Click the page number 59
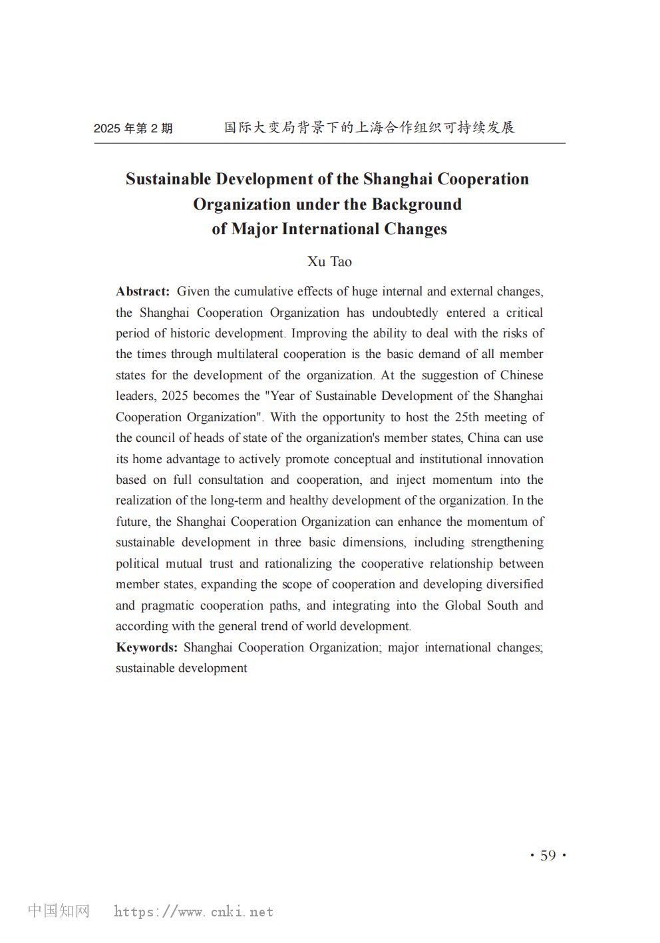548,855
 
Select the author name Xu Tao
329,262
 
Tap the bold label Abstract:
142,291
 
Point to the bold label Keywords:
146,648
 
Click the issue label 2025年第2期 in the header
133,128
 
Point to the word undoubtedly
405,313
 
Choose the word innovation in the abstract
514,459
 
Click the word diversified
514,584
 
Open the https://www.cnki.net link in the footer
194,912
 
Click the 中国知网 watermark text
59,910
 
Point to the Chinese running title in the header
369,127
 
